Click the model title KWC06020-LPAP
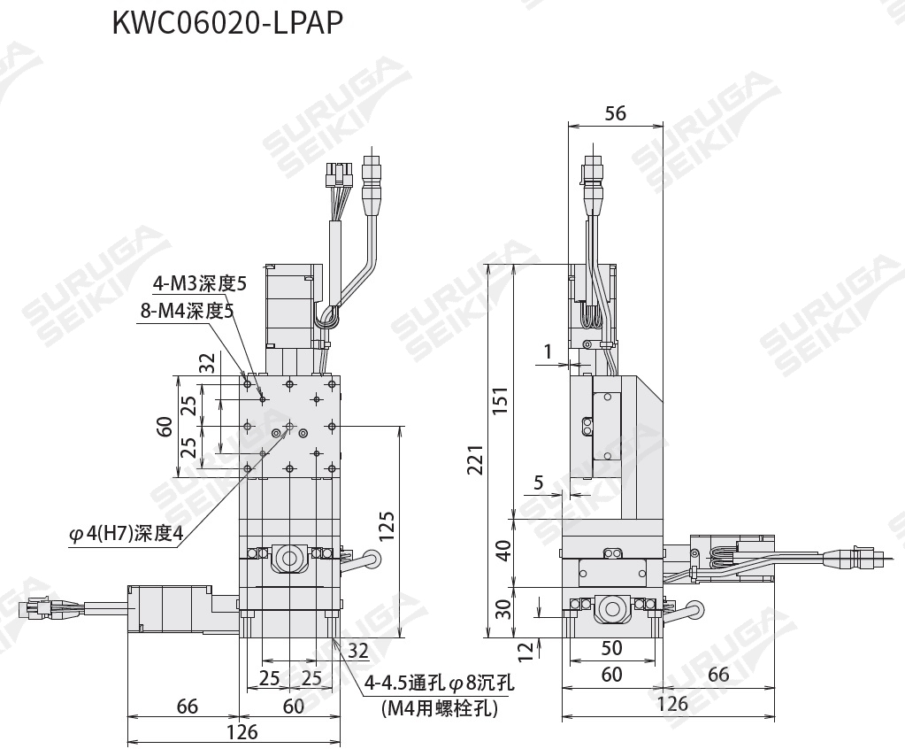(227, 24)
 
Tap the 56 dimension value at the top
(615, 112)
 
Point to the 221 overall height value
(475, 459)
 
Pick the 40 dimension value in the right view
(504, 551)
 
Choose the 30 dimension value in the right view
(504, 608)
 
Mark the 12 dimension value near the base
(525, 652)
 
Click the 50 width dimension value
(612, 648)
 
